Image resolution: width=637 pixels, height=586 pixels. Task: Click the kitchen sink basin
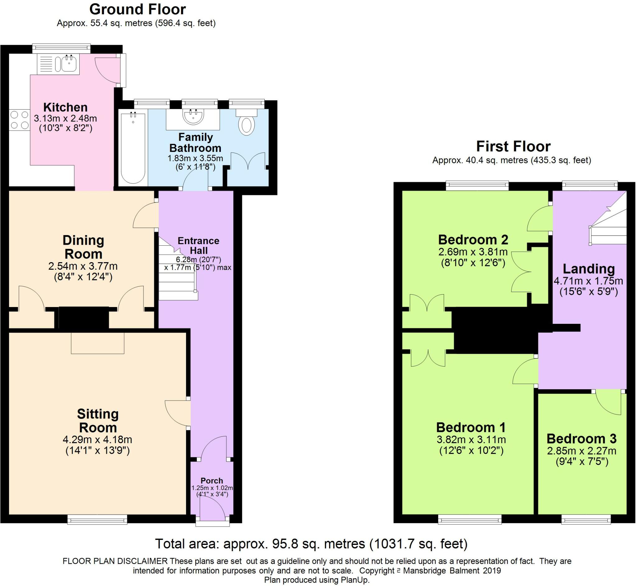click(x=69, y=64)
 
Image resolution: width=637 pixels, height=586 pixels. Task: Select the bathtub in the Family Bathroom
click(x=133, y=148)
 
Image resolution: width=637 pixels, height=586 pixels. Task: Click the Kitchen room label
click(x=65, y=107)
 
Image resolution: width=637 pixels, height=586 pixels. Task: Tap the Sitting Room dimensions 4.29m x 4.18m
click(x=98, y=440)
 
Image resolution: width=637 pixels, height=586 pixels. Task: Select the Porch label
click(x=212, y=481)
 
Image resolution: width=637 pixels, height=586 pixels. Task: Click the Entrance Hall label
click(x=199, y=245)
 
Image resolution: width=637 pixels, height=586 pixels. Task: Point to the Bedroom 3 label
click(x=582, y=438)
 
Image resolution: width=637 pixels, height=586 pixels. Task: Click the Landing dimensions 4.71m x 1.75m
click(x=588, y=281)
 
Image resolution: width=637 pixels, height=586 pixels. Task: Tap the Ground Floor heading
click(x=137, y=10)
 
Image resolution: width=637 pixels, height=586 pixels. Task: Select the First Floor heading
click(x=514, y=146)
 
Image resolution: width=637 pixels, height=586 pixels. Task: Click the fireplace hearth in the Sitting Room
click(x=98, y=343)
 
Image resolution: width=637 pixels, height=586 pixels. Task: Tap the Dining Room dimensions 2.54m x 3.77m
click(x=83, y=266)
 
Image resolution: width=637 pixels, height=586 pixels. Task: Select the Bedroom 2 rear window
click(x=477, y=186)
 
